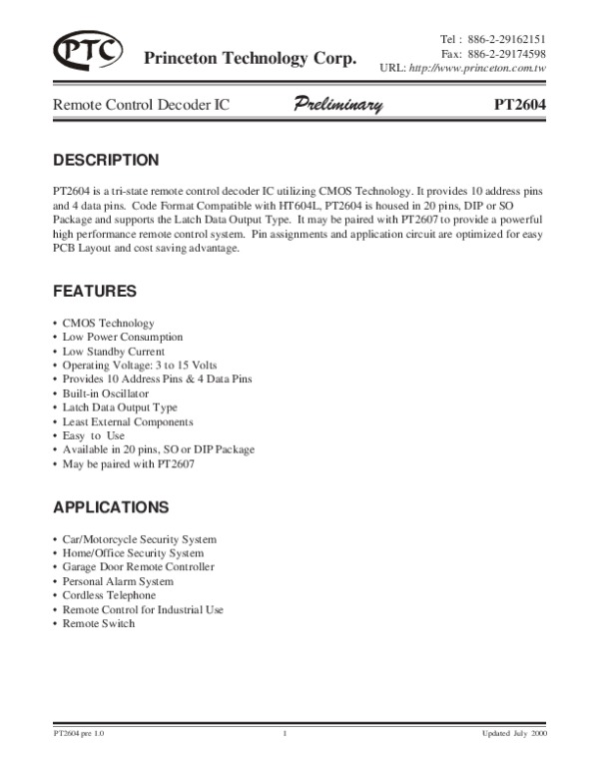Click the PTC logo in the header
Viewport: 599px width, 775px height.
point(89,49)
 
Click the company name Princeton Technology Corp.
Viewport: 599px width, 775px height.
point(250,59)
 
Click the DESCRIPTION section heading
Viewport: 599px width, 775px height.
point(105,160)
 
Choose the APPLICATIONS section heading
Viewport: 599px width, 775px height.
point(110,506)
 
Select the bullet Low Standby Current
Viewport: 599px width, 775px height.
point(114,353)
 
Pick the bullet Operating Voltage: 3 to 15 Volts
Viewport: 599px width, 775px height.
point(139,367)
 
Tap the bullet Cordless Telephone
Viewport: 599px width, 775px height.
point(109,595)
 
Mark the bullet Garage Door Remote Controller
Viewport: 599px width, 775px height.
point(138,567)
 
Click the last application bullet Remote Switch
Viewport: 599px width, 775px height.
point(98,623)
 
